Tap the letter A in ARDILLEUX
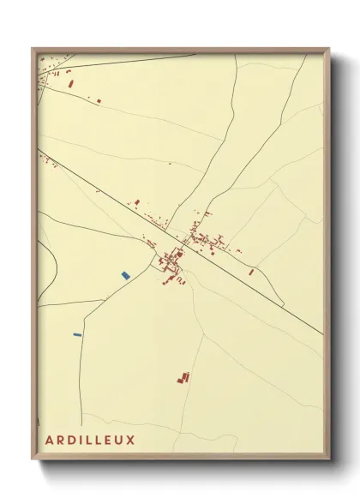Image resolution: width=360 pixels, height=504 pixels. click(50, 441)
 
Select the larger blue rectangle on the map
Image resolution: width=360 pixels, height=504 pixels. click(125, 275)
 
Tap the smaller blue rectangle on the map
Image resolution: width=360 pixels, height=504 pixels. click(77, 333)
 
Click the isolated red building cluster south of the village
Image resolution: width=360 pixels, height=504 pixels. click(183, 377)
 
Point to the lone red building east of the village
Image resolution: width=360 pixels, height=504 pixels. click(251, 272)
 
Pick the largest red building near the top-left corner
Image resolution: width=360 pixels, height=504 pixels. click(71, 84)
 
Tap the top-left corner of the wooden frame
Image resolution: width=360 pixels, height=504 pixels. click(33, 48)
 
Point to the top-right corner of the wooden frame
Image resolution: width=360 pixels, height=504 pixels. click(329, 49)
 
